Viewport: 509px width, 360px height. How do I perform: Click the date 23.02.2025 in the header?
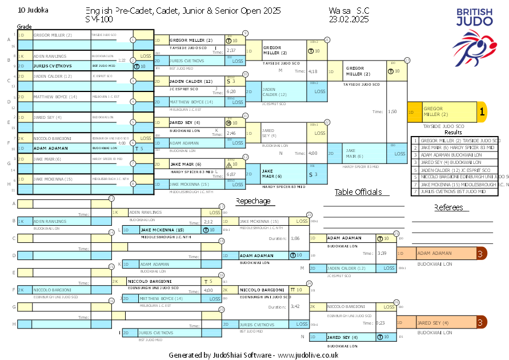348,19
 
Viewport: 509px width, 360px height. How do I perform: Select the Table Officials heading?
358,192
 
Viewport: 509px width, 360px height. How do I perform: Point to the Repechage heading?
253,201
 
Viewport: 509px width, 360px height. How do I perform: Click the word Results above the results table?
453,133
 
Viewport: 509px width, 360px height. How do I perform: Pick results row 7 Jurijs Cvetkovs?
456,191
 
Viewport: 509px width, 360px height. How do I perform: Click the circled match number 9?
246,33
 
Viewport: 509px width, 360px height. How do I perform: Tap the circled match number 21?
327,40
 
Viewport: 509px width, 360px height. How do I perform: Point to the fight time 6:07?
231,174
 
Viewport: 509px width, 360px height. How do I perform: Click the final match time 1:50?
392,112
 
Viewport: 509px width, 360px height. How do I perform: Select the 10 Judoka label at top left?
33,10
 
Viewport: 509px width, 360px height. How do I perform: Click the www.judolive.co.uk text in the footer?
308,355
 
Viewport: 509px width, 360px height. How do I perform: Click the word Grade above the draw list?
24,27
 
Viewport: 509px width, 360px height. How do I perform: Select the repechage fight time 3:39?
382,253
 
